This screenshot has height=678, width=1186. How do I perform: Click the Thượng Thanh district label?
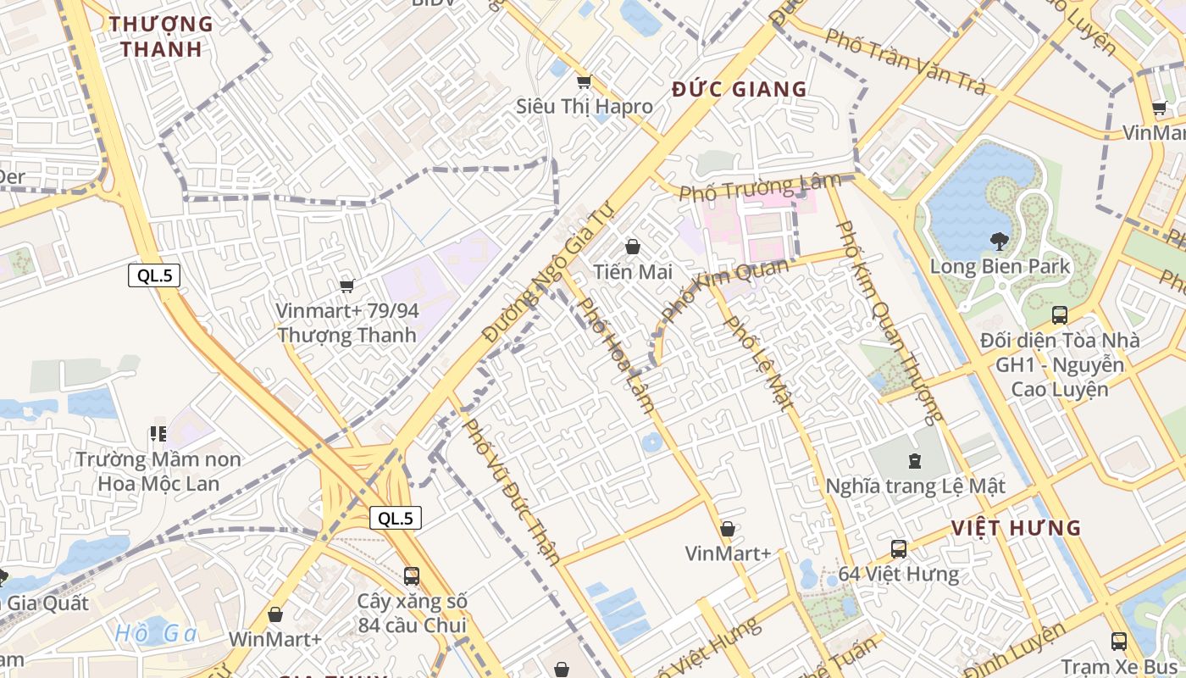pyautogui.click(x=161, y=36)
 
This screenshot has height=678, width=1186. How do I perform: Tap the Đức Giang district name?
pyautogui.click(x=740, y=89)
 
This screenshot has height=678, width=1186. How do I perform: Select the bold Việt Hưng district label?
pyautogui.click(x=1016, y=528)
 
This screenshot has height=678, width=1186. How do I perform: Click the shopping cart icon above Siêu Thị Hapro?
pyautogui.click(x=583, y=82)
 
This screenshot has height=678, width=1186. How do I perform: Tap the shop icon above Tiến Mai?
pyautogui.click(x=632, y=247)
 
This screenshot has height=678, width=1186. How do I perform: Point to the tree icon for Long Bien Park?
pyautogui.click(x=1000, y=242)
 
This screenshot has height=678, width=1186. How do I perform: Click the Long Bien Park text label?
pyautogui.click(x=1000, y=267)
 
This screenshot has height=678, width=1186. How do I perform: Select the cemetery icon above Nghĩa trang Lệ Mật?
pyautogui.click(x=914, y=461)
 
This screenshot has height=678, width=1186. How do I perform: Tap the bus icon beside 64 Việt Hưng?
pyautogui.click(x=899, y=549)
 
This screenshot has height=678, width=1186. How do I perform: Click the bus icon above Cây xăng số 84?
pyautogui.click(x=412, y=576)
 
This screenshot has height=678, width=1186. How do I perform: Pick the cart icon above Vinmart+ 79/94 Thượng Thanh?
pyautogui.click(x=346, y=286)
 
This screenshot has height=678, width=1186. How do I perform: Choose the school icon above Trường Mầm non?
pyautogui.click(x=158, y=434)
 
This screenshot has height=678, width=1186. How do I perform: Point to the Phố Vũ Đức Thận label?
pyautogui.click(x=512, y=490)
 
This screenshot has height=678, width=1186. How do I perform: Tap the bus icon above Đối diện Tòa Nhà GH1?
pyautogui.click(x=1059, y=315)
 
